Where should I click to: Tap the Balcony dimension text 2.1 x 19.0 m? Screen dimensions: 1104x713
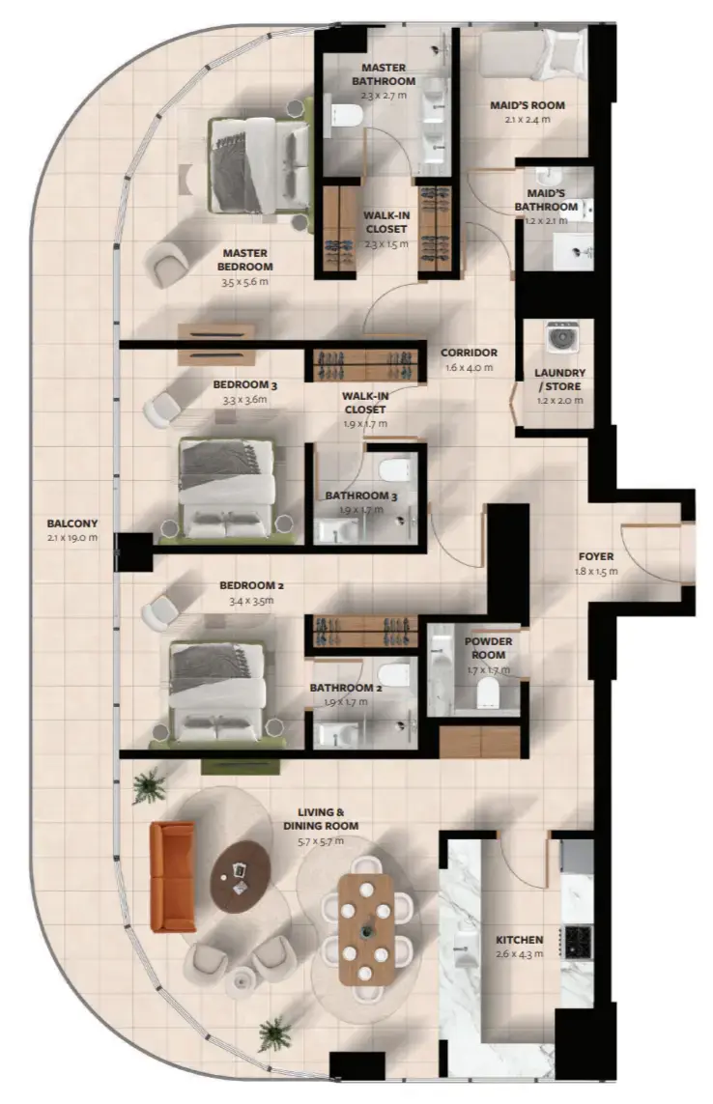pyautogui.click(x=71, y=538)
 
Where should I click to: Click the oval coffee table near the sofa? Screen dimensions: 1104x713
pyautogui.click(x=238, y=876)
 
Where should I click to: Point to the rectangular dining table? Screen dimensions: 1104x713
pyautogui.click(x=365, y=928)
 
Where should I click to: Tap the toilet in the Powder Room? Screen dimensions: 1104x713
pyautogui.click(x=489, y=692)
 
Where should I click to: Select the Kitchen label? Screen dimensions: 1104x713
pyautogui.click(x=519, y=940)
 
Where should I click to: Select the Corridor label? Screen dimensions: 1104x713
pyautogui.click(x=469, y=354)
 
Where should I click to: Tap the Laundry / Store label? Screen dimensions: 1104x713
pyautogui.click(x=560, y=379)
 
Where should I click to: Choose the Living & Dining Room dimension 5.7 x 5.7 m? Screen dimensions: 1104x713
pyautogui.click(x=321, y=841)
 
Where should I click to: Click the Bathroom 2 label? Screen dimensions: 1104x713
pyautogui.click(x=339, y=689)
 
